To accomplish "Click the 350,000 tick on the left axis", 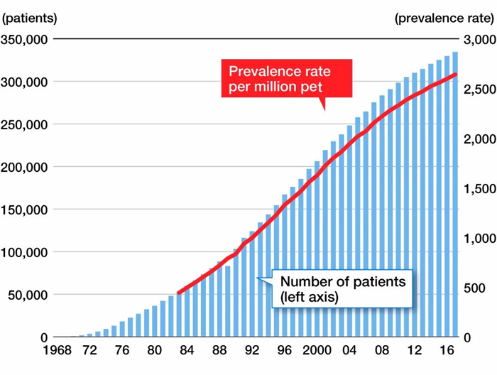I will (25, 39).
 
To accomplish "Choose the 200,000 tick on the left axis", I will (25, 167).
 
